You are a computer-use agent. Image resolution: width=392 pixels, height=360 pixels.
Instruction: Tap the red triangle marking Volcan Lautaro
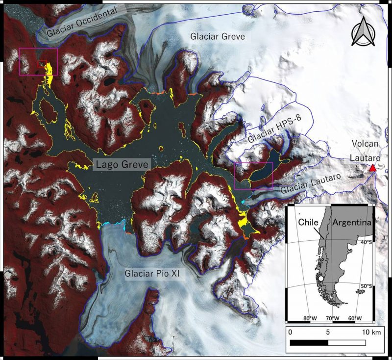coord(372,168)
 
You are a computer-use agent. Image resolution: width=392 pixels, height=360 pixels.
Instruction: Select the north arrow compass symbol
coord(364,31)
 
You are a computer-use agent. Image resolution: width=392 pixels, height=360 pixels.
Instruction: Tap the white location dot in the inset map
coord(320,279)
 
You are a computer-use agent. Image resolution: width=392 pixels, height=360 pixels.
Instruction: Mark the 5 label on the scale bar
coord(327,332)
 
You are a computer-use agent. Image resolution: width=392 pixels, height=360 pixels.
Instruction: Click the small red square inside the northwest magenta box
coord(43,64)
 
